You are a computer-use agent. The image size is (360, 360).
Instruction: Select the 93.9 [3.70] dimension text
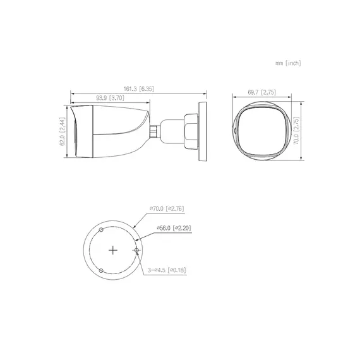(x=109, y=99)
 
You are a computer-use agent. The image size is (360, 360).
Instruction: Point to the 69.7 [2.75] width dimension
(x=261, y=92)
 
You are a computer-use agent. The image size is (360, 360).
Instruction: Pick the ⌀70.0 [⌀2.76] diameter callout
(x=166, y=208)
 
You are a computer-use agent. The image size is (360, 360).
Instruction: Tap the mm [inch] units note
(x=287, y=63)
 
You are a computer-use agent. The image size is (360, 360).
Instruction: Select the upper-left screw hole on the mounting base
(x=101, y=230)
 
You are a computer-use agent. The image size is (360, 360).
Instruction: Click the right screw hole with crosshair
(x=136, y=251)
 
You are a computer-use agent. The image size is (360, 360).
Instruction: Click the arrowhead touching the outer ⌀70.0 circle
(x=134, y=225)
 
